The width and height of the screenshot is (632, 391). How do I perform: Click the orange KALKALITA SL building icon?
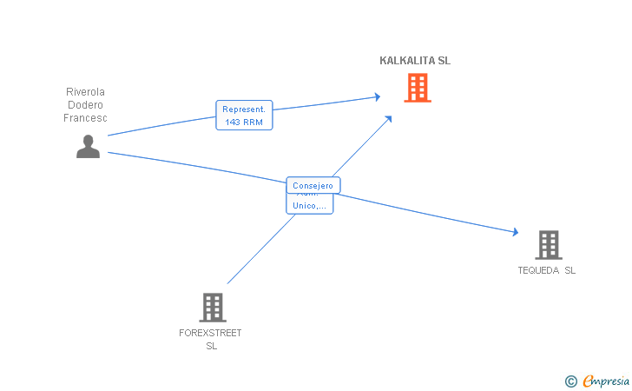click(x=418, y=87)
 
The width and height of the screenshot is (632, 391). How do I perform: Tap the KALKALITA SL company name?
click(x=415, y=61)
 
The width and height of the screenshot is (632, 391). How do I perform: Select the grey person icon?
click(x=88, y=146)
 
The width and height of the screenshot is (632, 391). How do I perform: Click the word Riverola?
click(x=85, y=91)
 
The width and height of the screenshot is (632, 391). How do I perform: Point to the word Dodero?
click(x=85, y=105)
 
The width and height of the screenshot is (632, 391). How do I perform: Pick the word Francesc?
click(x=85, y=118)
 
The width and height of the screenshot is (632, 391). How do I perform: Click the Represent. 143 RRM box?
click(x=244, y=116)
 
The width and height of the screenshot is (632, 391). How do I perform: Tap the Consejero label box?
click(x=313, y=185)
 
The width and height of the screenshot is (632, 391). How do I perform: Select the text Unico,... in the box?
click(x=310, y=206)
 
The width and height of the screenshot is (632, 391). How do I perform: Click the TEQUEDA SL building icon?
click(x=549, y=245)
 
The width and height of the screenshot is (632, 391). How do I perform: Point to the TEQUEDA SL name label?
click(x=547, y=270)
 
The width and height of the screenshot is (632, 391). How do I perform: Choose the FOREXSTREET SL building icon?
click(x=212, y=307)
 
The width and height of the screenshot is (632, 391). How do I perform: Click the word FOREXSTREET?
click(x=210, y=333)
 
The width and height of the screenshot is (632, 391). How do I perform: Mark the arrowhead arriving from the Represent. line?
click(x=377, y=96)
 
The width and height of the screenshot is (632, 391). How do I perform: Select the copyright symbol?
click(x=570, y=381)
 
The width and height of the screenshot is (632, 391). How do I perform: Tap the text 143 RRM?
click(x=244, y=123)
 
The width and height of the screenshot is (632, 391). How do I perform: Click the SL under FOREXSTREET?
click(x=211, y=346)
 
